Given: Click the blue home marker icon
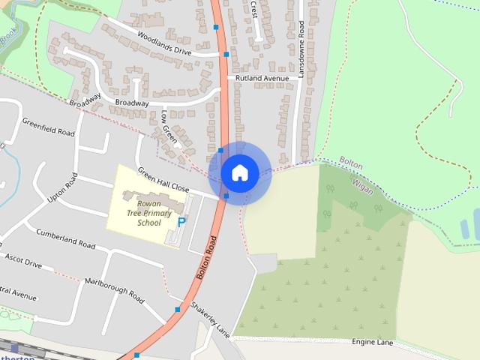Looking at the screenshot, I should pyautogui.click(x=239, y=172).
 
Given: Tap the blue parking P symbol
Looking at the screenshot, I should pyautogui.click(x=181, y=221).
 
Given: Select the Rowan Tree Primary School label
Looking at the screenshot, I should pyautogui.click(x=149, y=212).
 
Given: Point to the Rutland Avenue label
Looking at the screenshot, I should pyautogui.click(x=262, y=78).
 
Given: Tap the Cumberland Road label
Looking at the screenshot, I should pyautogui.click(x=65, y=239).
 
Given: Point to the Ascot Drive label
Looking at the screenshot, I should pyautogui.click(x=22, y=260).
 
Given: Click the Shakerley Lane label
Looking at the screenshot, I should pyautogui.click(x=209, y=319).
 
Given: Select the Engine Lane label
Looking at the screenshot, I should pyautogui.click(x=372, y=342).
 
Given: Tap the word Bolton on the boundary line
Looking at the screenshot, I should pyautogui.click(x=351, y=161).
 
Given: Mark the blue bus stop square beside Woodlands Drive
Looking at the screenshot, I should pyautogui.click(x=226, y=54).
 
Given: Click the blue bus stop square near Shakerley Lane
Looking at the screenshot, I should pyautogui.click(x=178, y=309).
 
